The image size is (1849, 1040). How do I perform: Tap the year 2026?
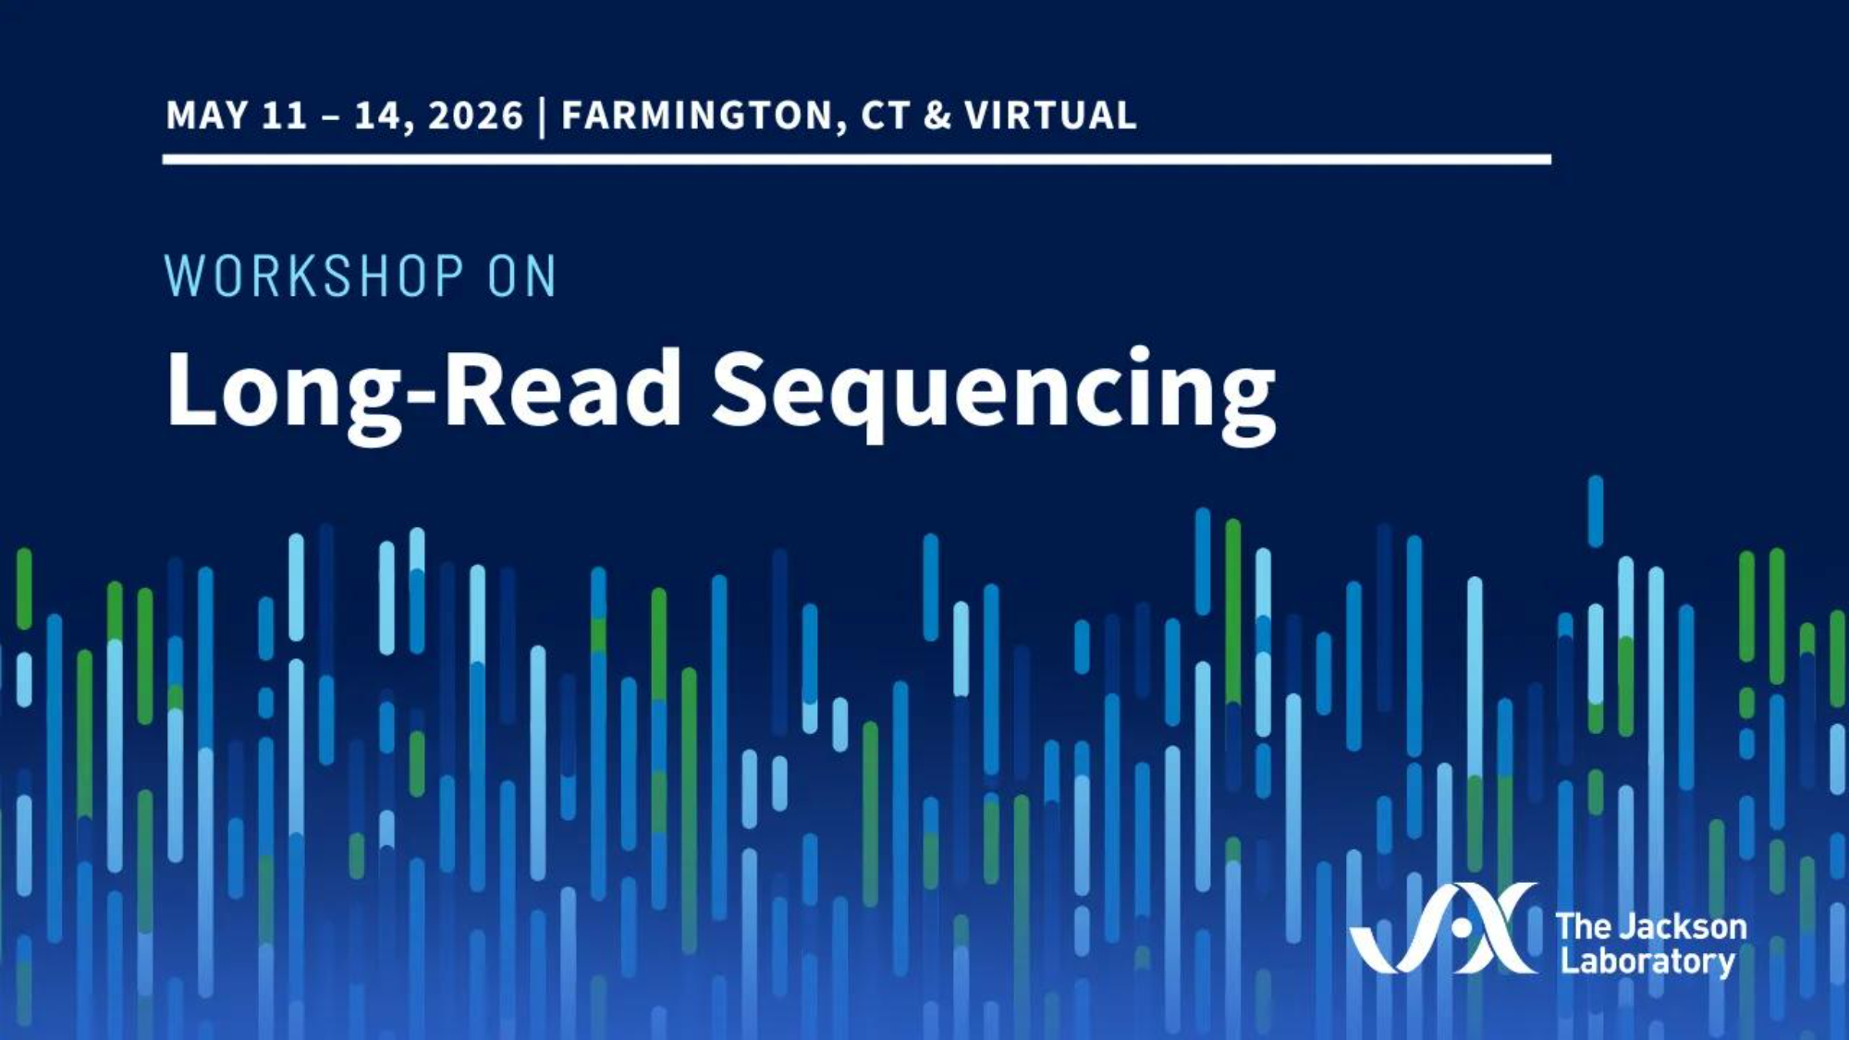pos(476,116)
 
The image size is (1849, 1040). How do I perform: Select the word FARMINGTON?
pos(698,116)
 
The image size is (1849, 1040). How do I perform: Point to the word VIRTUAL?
pos(1050,116)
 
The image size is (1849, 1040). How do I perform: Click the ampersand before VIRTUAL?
pos(937,116)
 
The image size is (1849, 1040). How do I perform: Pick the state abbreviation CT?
pos(885,116)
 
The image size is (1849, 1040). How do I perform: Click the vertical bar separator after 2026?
pos(542,116)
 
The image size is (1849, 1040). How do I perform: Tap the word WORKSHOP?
pos(314,275)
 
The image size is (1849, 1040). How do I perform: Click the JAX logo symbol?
pos(1444,928)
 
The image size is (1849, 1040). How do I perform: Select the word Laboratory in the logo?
pos(1648,961)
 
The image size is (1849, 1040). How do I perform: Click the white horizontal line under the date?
pos(857,160)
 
